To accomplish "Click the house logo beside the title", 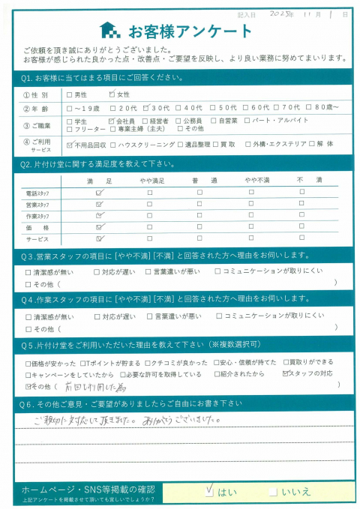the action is point(109,31).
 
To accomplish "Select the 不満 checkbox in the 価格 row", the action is point(301,226).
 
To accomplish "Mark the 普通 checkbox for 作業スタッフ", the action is point(199,214).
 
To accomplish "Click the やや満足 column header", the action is point(150,180).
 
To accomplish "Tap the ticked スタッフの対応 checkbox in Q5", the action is point(285,373).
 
